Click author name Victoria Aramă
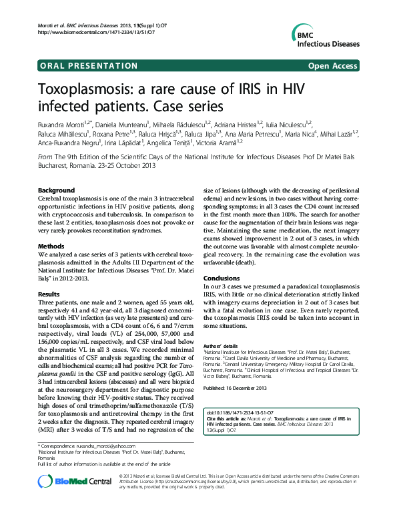pyautogui.click(x=222, y=142)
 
